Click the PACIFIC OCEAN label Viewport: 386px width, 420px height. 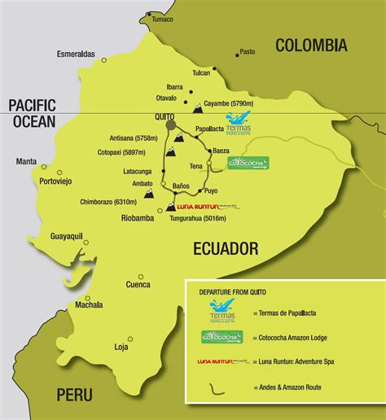(32, 113)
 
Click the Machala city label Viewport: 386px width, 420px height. (89, 305)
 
